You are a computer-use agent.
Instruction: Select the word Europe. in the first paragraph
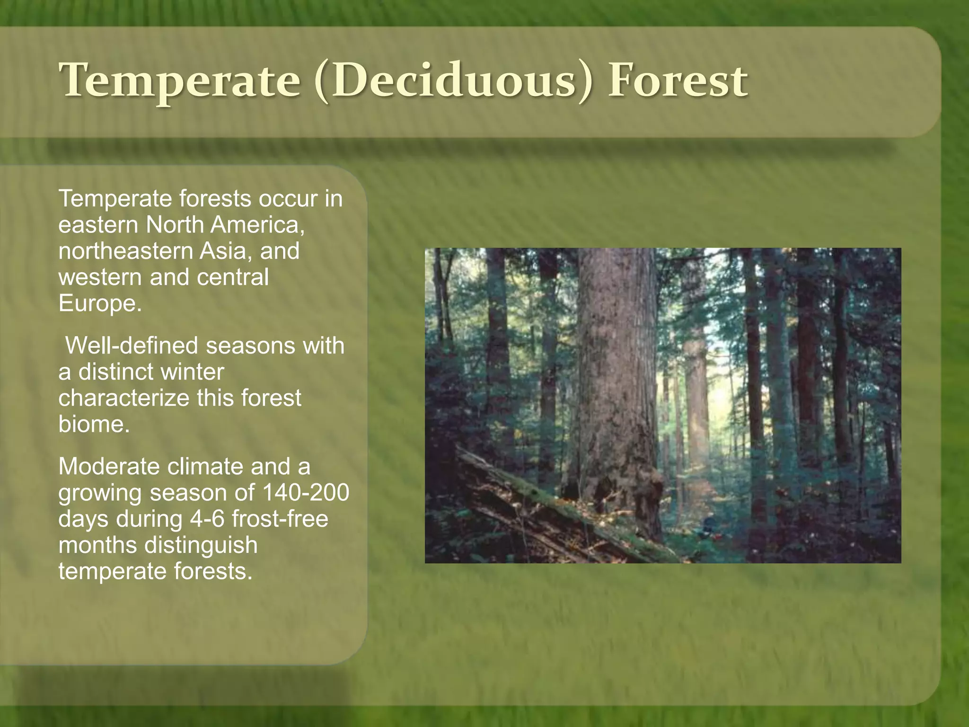coord(100,303)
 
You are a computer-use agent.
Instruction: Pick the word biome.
coord(94,424)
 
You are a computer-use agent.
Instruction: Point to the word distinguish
coord(201,545)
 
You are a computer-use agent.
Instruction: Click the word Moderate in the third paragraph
coord(108,467)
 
